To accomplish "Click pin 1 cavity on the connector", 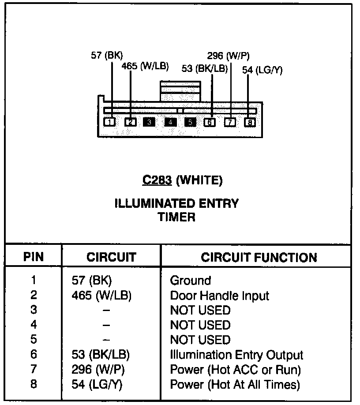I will click(110, 122).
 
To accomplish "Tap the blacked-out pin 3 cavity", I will click(149, 122).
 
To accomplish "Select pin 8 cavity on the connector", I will click(250, 122).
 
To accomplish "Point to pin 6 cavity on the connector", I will click(210, 122).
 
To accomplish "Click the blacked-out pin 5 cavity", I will click(190, 122).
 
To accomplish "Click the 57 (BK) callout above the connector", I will click(106, 55).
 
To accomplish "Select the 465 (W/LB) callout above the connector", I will click(145, 66).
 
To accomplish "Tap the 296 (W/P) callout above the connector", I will click(228, 56).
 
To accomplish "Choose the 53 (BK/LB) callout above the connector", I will click(205, 68).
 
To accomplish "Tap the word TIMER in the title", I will click(176, 217).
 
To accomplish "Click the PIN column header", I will click(34, 257).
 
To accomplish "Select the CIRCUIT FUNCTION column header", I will click(259, 258).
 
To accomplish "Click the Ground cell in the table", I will click(191, 281).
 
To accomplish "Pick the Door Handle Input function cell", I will click(219, 295).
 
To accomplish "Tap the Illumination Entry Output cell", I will click(236, 355).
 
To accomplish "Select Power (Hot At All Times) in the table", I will click(235, 384).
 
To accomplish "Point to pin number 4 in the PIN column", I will click(34, 325).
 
